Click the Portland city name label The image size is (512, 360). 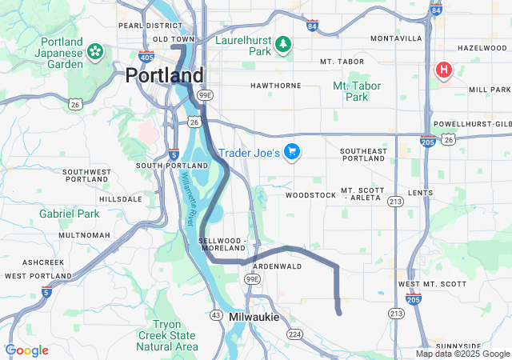pyautogui.click(x=164, y=75)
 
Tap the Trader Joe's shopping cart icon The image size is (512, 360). pyautogui.click(x=292, y=151)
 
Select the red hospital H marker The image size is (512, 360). pyautogui.click(x=442, y=70)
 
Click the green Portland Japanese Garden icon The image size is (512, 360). pyautogui.click(x=95, y=52)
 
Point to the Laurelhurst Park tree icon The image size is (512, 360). pyautogui.click(x=282, y=45)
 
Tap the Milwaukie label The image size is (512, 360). pyautogui.click(x=254, y=318)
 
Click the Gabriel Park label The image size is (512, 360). pyautogui.click(x=70, y=214)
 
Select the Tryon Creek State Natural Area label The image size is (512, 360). pyautogui.click(x=166, y=334)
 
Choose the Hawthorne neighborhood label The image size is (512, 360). pyautogui.click(x=275, y=85)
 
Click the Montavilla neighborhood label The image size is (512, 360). pyautogui.click(x=396, y=38)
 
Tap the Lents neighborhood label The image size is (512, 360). pyautogui.click(x=420, y=193)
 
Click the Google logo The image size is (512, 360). pyautogui.click(x=26, y=350)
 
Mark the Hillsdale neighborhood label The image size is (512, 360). pyautogui.click(x=120, y=198)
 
